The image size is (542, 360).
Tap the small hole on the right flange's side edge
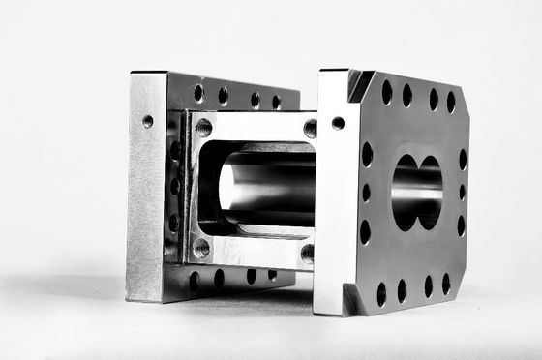click(338, 123)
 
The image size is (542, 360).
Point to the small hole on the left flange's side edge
click(147, 122)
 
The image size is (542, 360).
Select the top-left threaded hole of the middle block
click(203, 127)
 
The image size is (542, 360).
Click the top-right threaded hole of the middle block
click(310, 128)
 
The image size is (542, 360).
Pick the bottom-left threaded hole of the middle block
click(200, 248)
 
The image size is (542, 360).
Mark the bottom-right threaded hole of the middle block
click(307, 255)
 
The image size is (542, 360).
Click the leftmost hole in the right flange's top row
click(387, 93)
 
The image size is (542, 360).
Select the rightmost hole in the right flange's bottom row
click(446, 284)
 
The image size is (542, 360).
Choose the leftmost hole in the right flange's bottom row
click(380, 289)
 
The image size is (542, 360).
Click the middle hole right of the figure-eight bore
click(462, 192)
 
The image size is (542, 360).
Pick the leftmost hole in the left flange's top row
click(198, 92)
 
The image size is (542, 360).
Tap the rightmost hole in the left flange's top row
click(276, 101)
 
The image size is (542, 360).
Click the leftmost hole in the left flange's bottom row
click(195, 280)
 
